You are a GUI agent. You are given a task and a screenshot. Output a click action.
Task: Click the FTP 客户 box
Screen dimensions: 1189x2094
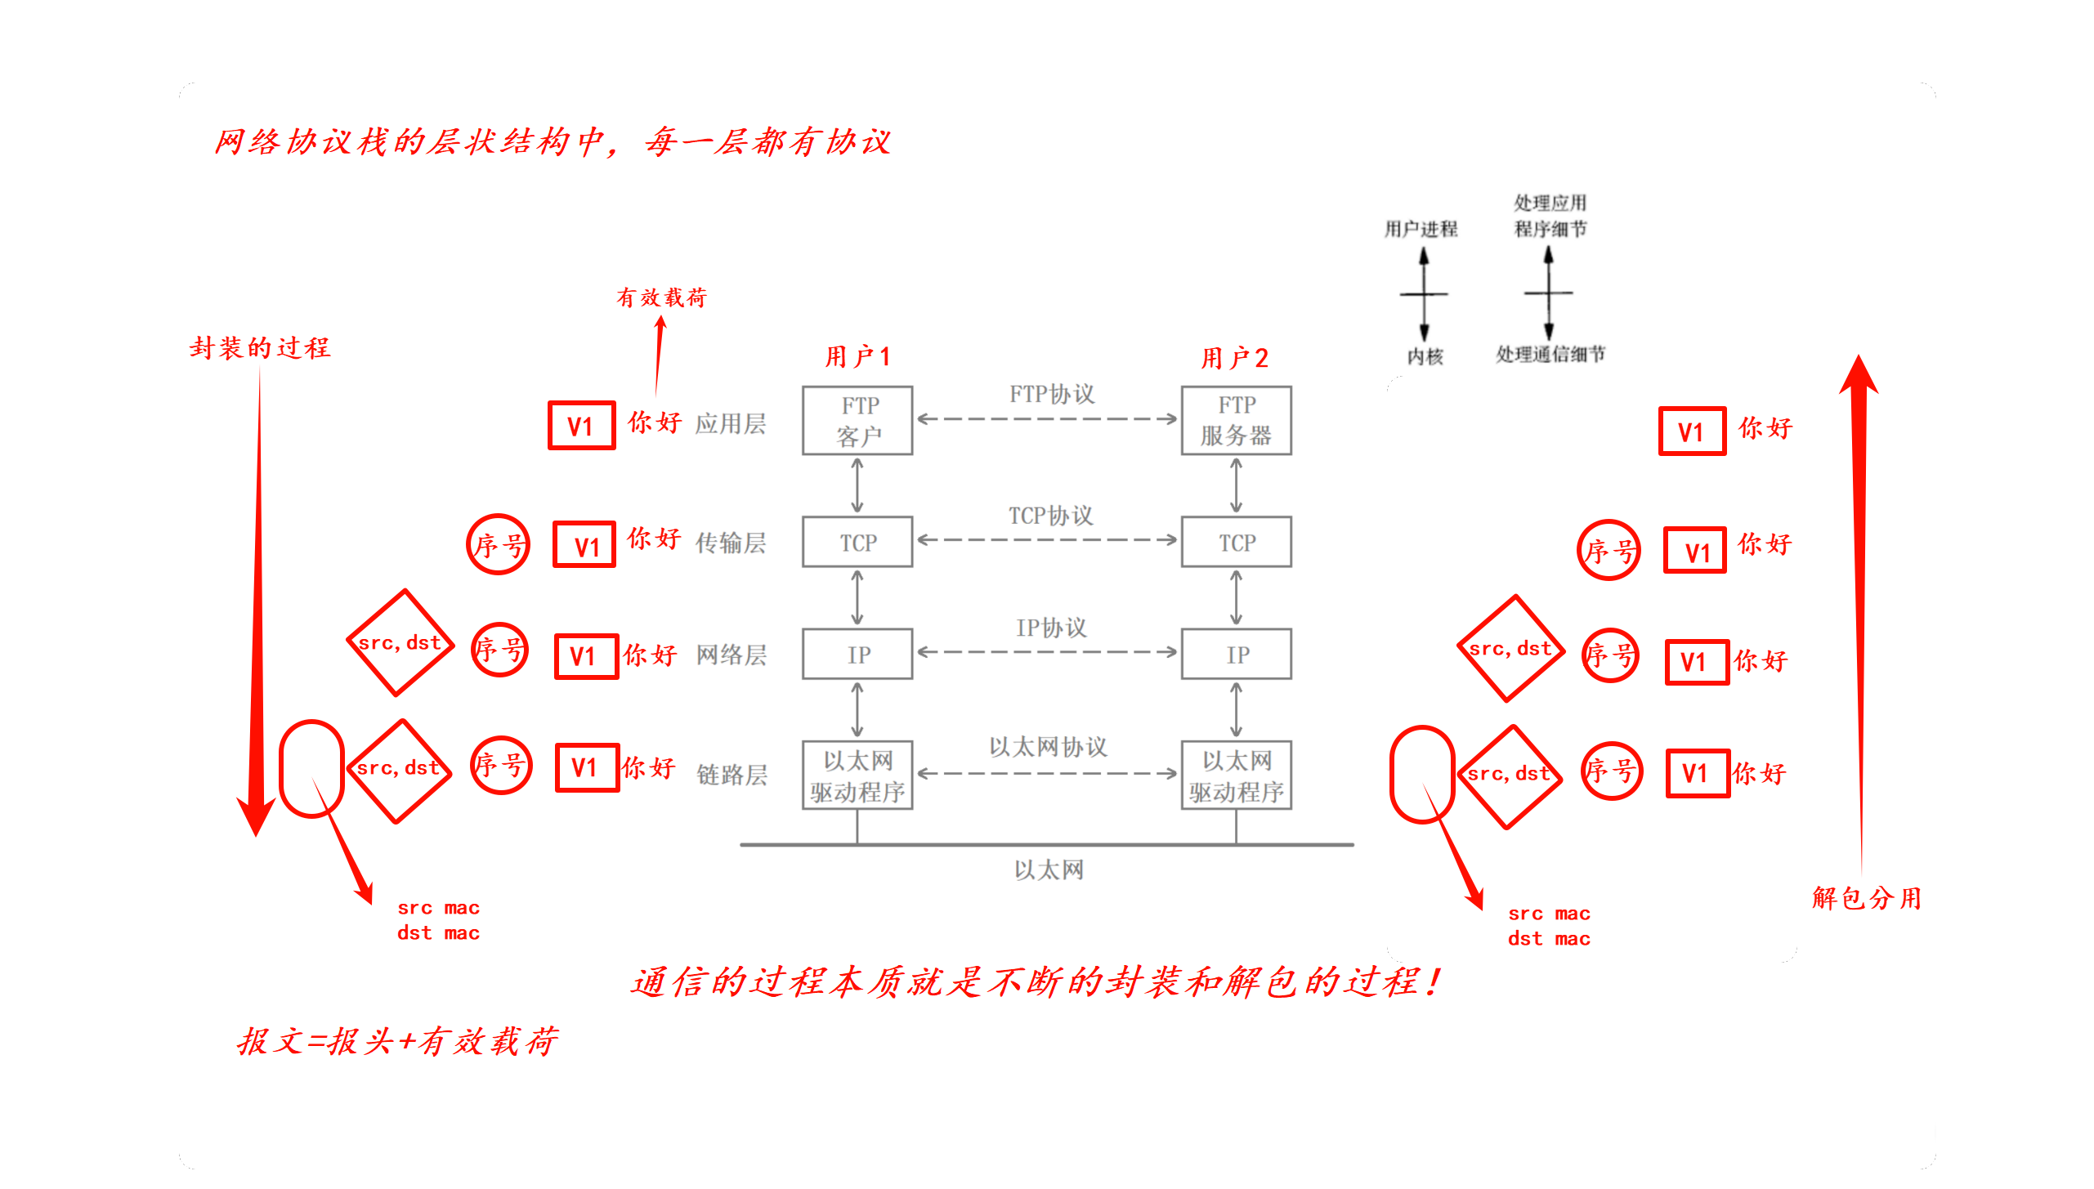pyautogui.click(x=857, y=420)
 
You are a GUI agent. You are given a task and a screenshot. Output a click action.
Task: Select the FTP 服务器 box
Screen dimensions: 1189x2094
pyautogui.click(x=1236, y=420)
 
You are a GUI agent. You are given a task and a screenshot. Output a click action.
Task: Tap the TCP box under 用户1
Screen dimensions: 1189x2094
pyautogui.click(x=857, y=542)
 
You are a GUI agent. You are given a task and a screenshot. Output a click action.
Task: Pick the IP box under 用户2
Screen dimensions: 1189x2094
pyautogui.click(x=1236, y=654)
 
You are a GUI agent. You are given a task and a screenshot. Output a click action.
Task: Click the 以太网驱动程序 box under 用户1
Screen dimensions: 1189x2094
pyautogui.click(x=857, y=776)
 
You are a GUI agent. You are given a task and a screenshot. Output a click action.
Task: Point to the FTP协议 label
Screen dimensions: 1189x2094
pyautogui.click(x=1051, y=394)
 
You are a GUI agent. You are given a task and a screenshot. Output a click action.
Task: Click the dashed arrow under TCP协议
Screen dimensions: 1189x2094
pyautogui.click(x=1047, y=539)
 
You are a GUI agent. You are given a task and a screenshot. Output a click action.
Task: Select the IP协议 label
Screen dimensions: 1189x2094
pyautogui.click(x=1051, y=628)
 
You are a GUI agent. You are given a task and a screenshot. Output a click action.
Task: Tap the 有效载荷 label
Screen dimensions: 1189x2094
pyautogui.click(x=661, y=297)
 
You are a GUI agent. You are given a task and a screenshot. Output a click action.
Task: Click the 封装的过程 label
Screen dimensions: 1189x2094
pyautogui.click(x=260, y=348)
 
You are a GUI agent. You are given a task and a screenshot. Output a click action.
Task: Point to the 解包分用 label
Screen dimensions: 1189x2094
pyautogui.click(x=1866, y=898)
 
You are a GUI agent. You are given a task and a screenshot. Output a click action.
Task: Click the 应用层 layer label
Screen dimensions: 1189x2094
pyautogui.click(x=731, y=423)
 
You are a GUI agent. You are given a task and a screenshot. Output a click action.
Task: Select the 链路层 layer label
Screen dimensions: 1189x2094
pyautogui.click(x=732, y=775)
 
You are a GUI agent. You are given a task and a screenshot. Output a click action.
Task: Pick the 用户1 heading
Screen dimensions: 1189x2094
pyautogui.click(x=857, y=357)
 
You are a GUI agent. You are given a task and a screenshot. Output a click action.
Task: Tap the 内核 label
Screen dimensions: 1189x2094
pyautogui.click(x=1425, y=356)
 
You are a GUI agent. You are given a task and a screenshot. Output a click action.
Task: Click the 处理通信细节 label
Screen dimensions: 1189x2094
pyautogui.click(x=1550, y=354)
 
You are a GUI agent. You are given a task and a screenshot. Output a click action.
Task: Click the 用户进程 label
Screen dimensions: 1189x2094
pyautogui.click(x=1421, y=229)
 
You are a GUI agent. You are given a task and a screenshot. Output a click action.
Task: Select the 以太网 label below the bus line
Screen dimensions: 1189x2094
pyautogui.click(x=1049, y=869)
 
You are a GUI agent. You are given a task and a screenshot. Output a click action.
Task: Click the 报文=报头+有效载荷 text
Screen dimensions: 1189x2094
pyautogui.click(x=397, y=1042)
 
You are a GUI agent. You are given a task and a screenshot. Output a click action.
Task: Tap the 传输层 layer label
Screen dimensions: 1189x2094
pyautogui.click(x=731, y=543)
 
